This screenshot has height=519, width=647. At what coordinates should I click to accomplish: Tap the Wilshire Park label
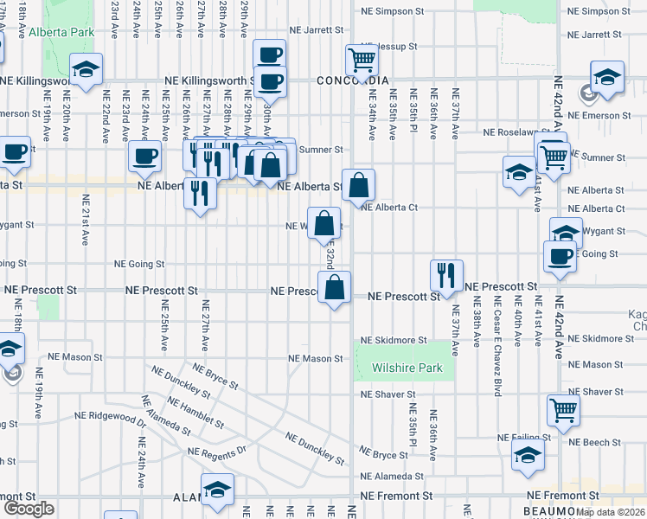pos(407,368)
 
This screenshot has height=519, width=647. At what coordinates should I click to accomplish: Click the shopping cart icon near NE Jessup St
pos(362,60)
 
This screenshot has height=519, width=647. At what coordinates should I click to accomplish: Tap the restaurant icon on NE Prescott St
pos(446,274)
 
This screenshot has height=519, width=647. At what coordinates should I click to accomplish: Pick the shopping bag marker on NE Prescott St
pos(334,286)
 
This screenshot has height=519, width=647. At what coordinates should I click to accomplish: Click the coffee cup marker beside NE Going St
pos(560,255)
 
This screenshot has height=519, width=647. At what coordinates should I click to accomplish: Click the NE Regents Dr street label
pos(217,451)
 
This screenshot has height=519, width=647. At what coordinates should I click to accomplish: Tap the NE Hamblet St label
pos(195,413)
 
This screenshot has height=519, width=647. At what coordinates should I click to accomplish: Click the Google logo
pos(29,509)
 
